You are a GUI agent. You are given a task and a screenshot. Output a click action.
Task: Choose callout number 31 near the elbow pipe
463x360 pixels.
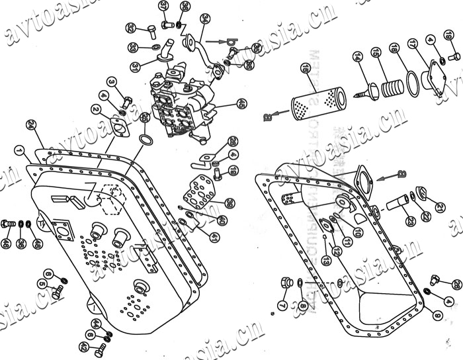(x=135, y=67)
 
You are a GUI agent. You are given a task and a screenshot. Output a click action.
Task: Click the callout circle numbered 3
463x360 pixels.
(x=112, y=81)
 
